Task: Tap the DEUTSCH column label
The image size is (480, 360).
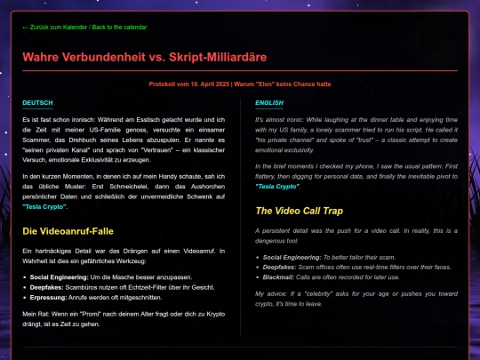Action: click(37, 102)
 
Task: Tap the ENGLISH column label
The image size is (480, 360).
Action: click(268, 102)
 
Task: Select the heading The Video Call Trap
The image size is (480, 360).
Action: click(300, 211)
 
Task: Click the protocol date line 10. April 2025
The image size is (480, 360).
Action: click(240, 84)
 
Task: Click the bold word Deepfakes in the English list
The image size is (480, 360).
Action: click(281, 266)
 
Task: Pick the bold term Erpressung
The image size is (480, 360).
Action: click(52, 298)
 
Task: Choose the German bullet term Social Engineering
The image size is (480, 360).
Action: click(64, 276)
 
